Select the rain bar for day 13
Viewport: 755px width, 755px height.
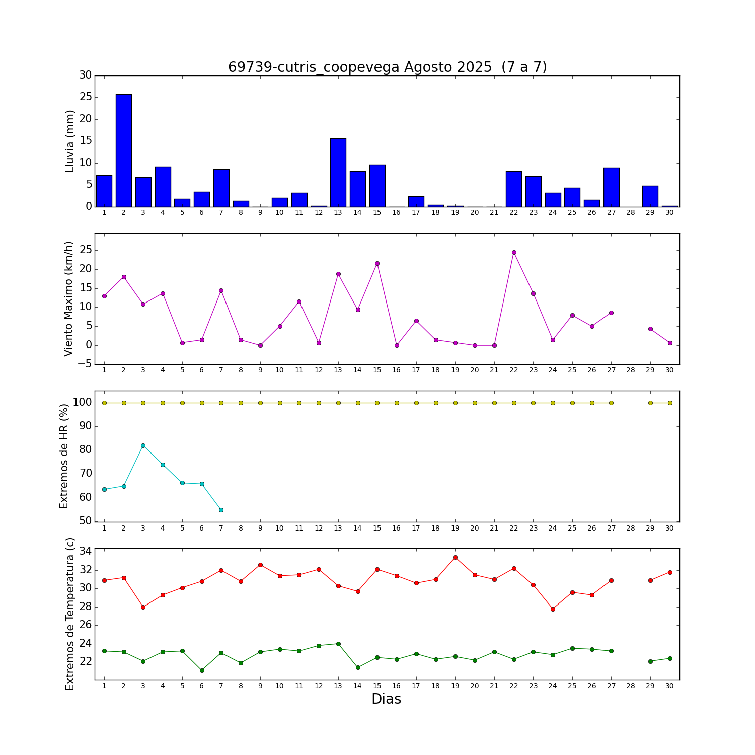(338, 172)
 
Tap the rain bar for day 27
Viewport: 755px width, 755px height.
(611, 187)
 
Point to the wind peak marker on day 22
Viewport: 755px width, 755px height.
(514, 252)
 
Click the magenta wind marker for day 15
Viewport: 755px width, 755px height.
(377, 263)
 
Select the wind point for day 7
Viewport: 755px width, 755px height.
(221, 290)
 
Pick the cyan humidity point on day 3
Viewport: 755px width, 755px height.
(143, 445)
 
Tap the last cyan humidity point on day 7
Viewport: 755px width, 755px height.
(221, 510)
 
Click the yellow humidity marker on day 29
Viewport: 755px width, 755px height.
(650, 403)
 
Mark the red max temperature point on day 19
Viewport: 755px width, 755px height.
(455, 557)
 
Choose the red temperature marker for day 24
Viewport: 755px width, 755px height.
(553, 609)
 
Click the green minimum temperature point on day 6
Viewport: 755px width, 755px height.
(202, 670)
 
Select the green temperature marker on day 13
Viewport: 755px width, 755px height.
(338, 644)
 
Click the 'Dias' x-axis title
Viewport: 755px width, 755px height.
(386, 699)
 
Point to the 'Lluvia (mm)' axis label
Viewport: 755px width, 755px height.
(70, 141)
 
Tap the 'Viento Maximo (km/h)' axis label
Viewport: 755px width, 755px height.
(69, 298)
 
